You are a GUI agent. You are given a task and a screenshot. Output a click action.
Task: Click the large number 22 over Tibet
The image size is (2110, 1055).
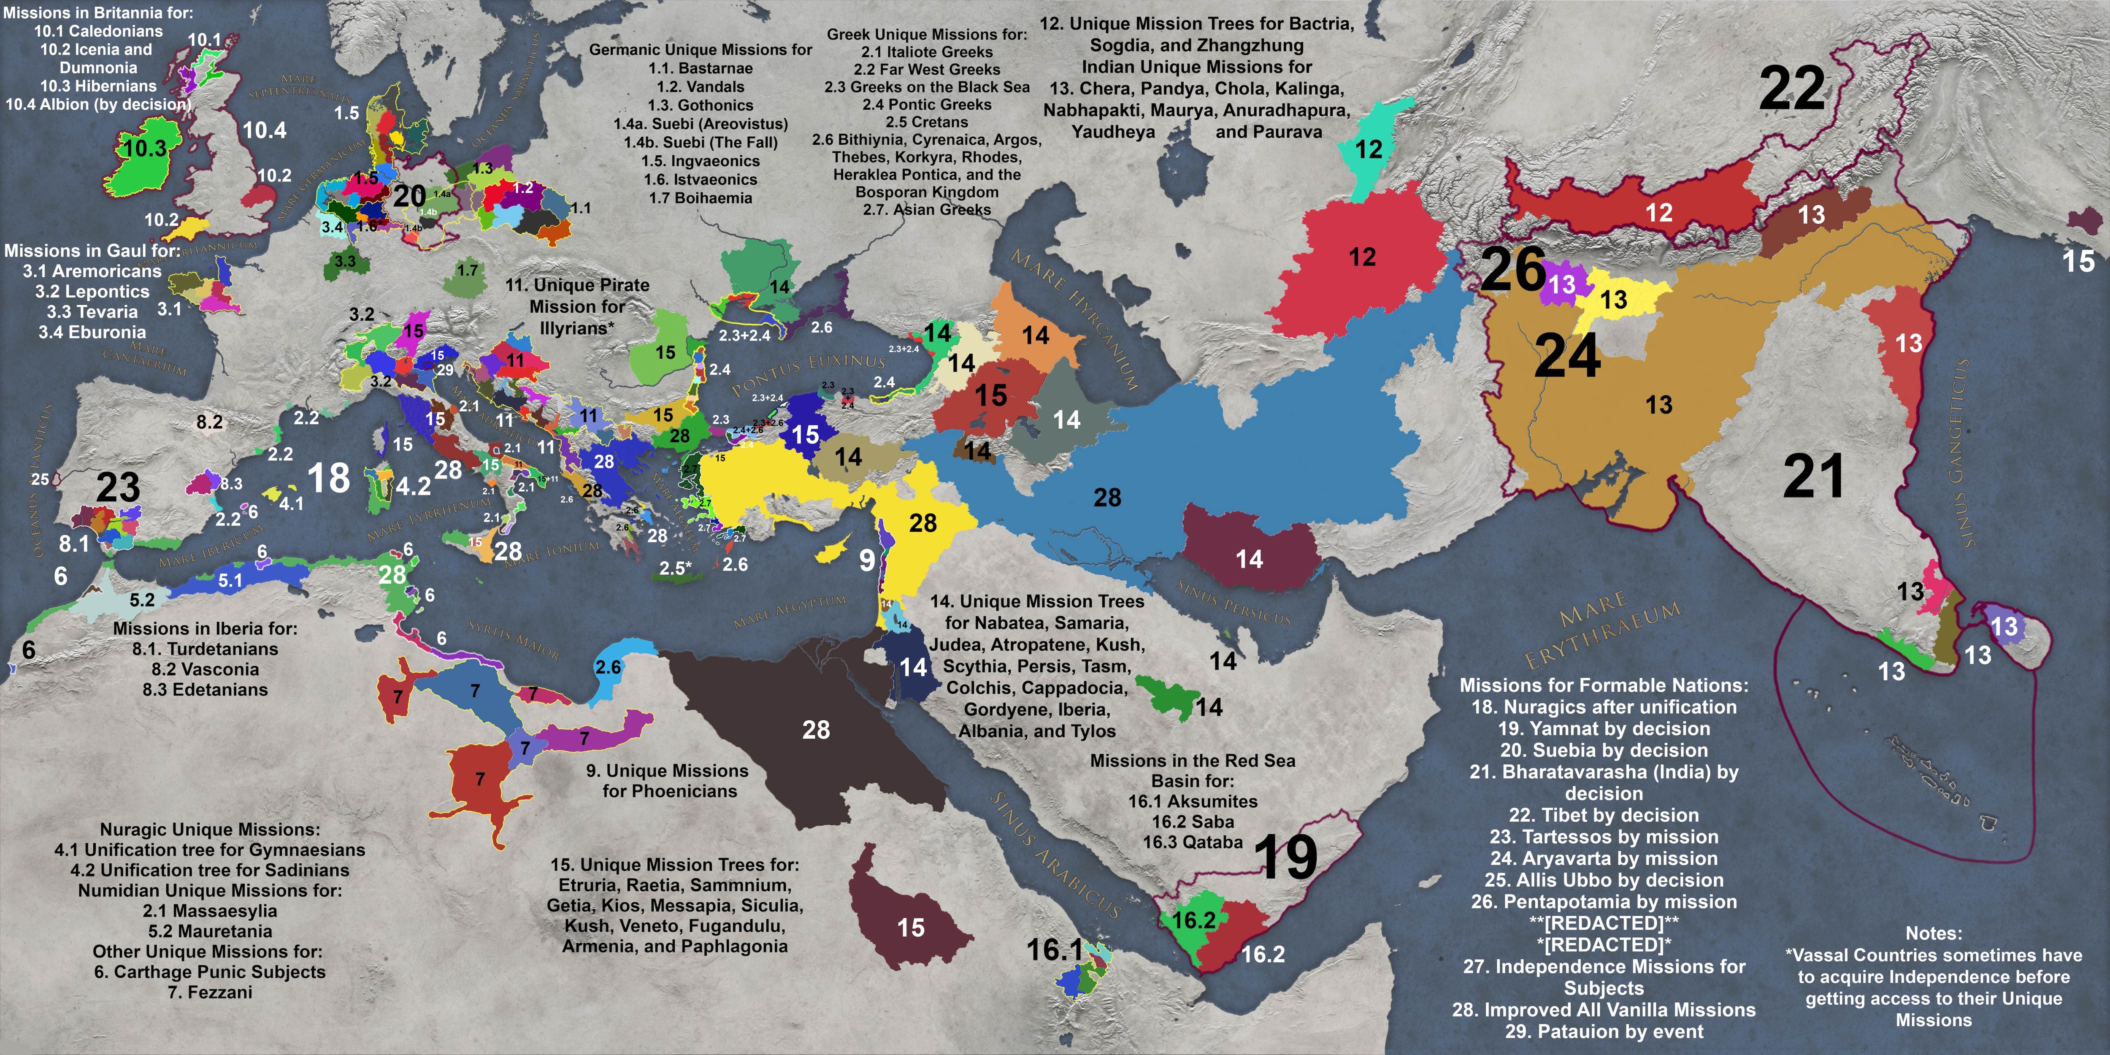[1792, 89]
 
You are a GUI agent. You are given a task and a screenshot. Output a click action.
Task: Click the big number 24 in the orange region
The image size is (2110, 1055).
[1567, 356]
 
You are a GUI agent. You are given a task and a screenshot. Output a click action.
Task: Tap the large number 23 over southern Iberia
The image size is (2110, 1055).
[118, 488]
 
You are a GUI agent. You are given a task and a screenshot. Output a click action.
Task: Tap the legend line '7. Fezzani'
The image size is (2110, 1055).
[210, 992]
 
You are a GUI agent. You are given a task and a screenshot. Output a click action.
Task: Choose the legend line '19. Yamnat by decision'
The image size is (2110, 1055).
[1603, 728]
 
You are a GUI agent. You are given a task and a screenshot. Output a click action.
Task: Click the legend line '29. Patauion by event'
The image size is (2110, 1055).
[1603, 1031]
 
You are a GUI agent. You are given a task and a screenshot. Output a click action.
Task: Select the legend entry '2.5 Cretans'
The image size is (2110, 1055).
[926, 122]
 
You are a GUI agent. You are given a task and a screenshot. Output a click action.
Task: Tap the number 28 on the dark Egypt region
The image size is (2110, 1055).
[816, 730]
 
